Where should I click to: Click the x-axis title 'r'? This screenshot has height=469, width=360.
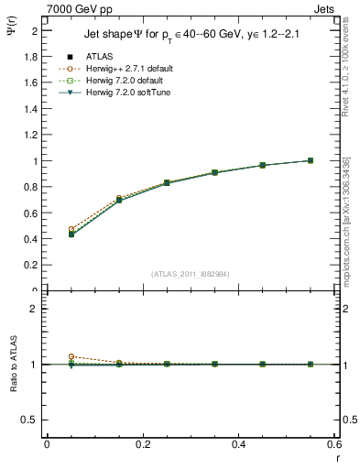point(337,455)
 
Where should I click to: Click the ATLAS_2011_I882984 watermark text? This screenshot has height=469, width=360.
point(191,274)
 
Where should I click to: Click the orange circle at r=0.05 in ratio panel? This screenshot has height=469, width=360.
point(71,356)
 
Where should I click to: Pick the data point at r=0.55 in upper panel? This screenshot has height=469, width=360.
point(311,160)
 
